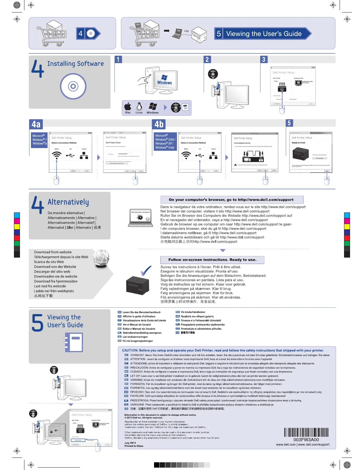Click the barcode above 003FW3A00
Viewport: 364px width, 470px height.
306,432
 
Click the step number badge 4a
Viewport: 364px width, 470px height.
36,124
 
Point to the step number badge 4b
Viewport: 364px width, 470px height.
159,124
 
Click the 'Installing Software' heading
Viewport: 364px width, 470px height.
76,63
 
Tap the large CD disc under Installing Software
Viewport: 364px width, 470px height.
73,86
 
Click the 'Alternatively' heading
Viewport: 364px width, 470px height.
68,202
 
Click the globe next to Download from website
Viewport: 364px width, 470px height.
101,258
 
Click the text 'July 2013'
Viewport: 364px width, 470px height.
130,443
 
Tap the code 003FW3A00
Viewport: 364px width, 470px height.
306,440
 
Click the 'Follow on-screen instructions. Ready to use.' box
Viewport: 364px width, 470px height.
212,260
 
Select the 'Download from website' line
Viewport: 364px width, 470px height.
53,252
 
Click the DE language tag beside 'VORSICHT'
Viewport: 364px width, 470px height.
126,355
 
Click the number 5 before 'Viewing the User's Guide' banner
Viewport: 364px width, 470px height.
219,34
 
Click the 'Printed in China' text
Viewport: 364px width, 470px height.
134,446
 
